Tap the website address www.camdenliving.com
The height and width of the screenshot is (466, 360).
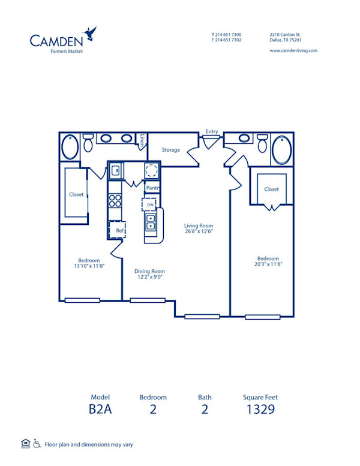tap(293, 51)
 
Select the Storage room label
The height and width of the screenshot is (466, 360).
tap(171, 150)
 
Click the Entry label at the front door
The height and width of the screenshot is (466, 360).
tap(212, 132)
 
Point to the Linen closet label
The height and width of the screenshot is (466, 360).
tap(142, 140)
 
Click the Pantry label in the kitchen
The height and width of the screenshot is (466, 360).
tap(152, 188)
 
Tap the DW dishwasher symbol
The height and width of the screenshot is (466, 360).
tap(150, 205)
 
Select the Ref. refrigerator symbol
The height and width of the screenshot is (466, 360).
tap(119, 230)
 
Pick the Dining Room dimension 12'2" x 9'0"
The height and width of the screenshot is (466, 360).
tap(149, 277)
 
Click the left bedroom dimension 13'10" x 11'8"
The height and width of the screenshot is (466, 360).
tap(89, 266)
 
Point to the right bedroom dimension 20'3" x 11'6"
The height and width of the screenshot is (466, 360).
tap(268, 264)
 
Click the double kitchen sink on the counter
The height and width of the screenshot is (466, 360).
tap(151, 223)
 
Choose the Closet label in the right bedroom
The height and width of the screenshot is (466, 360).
tap(271, 190)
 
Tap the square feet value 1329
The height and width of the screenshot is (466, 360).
tap(260, 410)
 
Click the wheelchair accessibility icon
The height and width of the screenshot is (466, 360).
tap(37, 444)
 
